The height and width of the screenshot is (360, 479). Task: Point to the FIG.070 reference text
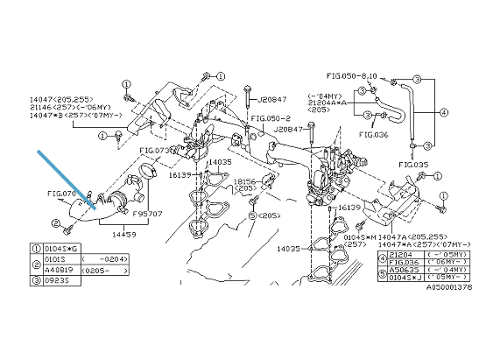tap(62, 193)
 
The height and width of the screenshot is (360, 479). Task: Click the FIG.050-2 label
tap(271, 117)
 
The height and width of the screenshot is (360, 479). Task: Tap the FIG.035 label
tap(413, 164)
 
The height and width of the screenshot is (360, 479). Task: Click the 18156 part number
tap(245, 182)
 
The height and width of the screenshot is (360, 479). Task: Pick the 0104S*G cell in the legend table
tap(60, 248)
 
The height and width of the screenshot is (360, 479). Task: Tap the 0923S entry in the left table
tap(55, 283)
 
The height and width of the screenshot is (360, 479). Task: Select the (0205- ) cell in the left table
tap(102, 272)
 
